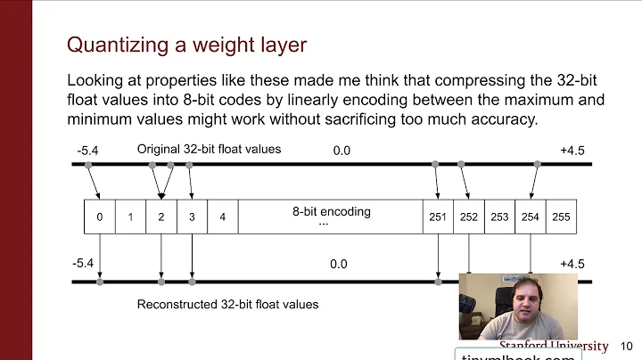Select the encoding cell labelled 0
point(99,217)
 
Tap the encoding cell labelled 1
point(130,217)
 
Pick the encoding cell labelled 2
point(160,217)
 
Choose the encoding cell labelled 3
point(192,217)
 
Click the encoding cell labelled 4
point(222,217)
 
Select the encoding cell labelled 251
point(438,217)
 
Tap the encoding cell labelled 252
point(469,217)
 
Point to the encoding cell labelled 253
point(499,217)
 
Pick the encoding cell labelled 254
point(531,217)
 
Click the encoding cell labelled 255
point(561,217)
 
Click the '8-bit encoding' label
point(331,212)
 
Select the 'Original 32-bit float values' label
point(209,149)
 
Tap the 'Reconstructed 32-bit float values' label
point(227,304)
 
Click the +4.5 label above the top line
point(572,151)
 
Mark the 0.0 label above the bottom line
point(338,264)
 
